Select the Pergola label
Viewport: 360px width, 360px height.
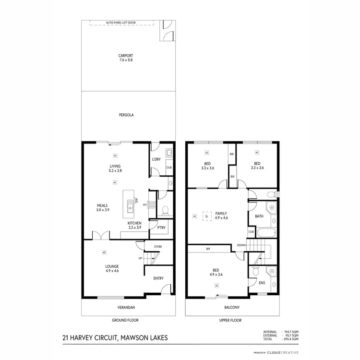point(126,115)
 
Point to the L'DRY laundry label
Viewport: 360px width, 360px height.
point(156,159)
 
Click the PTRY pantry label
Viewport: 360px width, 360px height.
point(161,228)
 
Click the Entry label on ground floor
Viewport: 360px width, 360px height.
point(158,278)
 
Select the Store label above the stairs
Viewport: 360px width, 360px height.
point(158,247)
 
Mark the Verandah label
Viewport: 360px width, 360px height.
point(126,307)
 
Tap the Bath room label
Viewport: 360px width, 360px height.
point(259,216)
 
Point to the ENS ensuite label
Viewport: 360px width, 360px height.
point(262,283)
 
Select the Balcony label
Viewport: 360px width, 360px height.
point(232,307)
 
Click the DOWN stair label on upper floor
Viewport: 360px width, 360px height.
point(241,245)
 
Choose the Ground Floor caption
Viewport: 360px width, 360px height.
point(126,320)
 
